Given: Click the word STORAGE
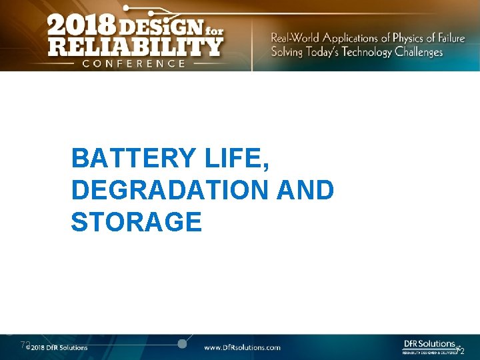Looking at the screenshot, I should (x=136, y=222).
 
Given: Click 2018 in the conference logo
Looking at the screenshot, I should (x=79, y=27).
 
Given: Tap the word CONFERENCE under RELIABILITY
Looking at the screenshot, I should (x=133, y=63).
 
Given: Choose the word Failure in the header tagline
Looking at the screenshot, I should (x=445, y=37).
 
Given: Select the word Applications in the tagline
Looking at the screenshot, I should (x=351, y=37).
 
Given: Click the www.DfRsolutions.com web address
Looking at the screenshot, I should (x=242, y=347).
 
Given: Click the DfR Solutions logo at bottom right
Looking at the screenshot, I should (x=429, y=346).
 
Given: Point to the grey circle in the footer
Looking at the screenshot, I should (x=182, y=343).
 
